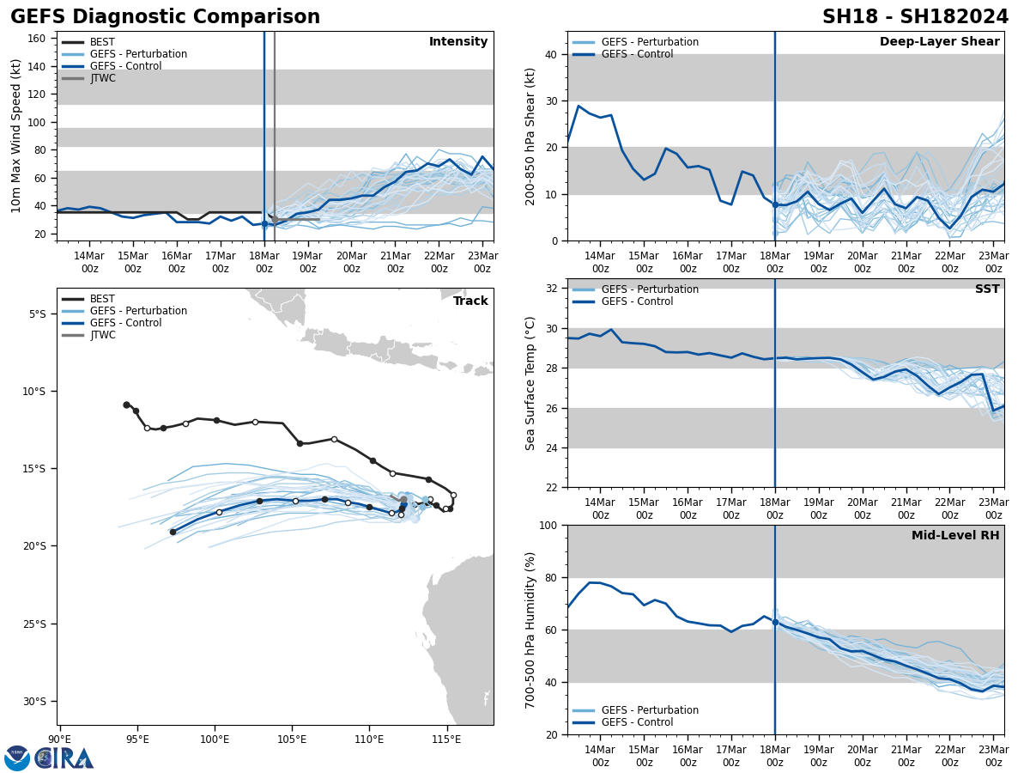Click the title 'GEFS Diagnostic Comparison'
(165, 17)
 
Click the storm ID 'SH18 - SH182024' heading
(916, 17)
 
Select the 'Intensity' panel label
(458, 42)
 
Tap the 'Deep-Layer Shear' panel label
(939, 42)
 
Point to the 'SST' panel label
(987, 289)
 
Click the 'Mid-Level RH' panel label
(955, 536)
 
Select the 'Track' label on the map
(470, 301)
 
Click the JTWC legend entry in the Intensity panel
(102, 78)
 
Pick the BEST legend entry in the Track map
(102, 299)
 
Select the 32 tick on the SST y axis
(554, 289)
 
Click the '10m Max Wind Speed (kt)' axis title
(16, 136)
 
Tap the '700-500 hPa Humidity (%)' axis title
(531, 630)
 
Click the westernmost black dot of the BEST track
(126, 405)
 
